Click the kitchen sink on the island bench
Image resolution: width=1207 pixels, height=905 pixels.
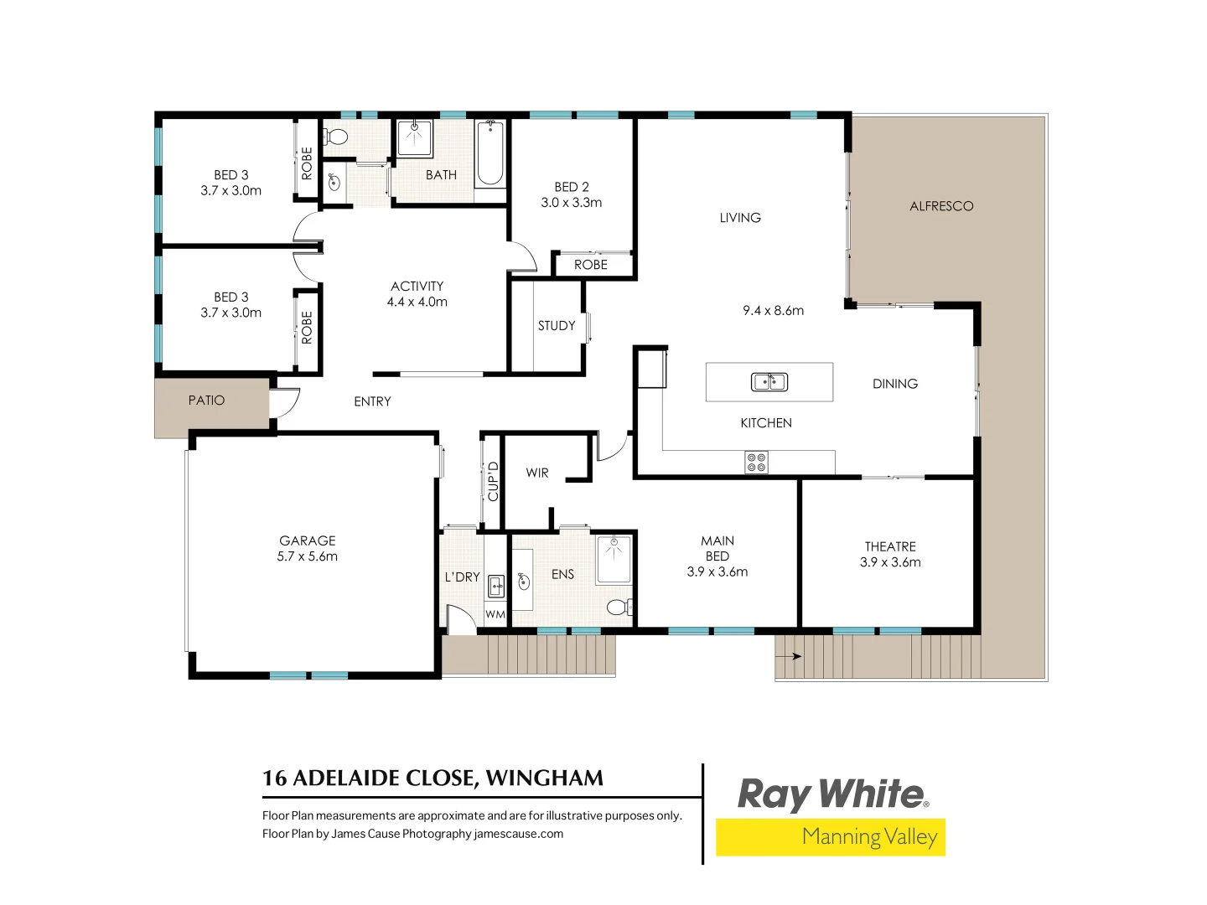[x=769, y=382]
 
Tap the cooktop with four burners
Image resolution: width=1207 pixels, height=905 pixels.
[x=756, y=463]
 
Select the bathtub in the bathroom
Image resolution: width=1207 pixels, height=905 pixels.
[x=490, y=153]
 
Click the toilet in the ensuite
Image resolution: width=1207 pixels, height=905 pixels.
[x=619, y=607]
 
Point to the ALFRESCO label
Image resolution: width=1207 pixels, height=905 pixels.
[x=941, y=206]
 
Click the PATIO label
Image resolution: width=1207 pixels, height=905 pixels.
[x=206, y=401]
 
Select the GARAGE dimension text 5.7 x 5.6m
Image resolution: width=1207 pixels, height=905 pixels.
[x=308, y=556]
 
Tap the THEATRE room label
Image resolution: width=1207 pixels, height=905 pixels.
[x=890, y=546]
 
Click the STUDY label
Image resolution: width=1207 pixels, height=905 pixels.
[x=557, y=326]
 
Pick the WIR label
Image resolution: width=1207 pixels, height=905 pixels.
[x=537, y=473]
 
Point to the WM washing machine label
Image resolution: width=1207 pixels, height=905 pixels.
[x=495, y=614]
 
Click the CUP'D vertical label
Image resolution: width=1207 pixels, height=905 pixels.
[x=493, y=481]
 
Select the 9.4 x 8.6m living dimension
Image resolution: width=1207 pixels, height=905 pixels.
[x=773, y=311]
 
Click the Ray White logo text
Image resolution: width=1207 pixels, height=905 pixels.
[x=831, y=794]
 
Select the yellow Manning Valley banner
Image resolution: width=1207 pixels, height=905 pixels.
[x=830, y=837]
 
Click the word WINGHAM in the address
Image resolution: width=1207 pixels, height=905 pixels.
[x=544, y=778]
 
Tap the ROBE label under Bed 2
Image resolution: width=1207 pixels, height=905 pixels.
[x=591, y=265]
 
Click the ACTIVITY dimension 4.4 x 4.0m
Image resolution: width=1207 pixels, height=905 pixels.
[x=417, y=302]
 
